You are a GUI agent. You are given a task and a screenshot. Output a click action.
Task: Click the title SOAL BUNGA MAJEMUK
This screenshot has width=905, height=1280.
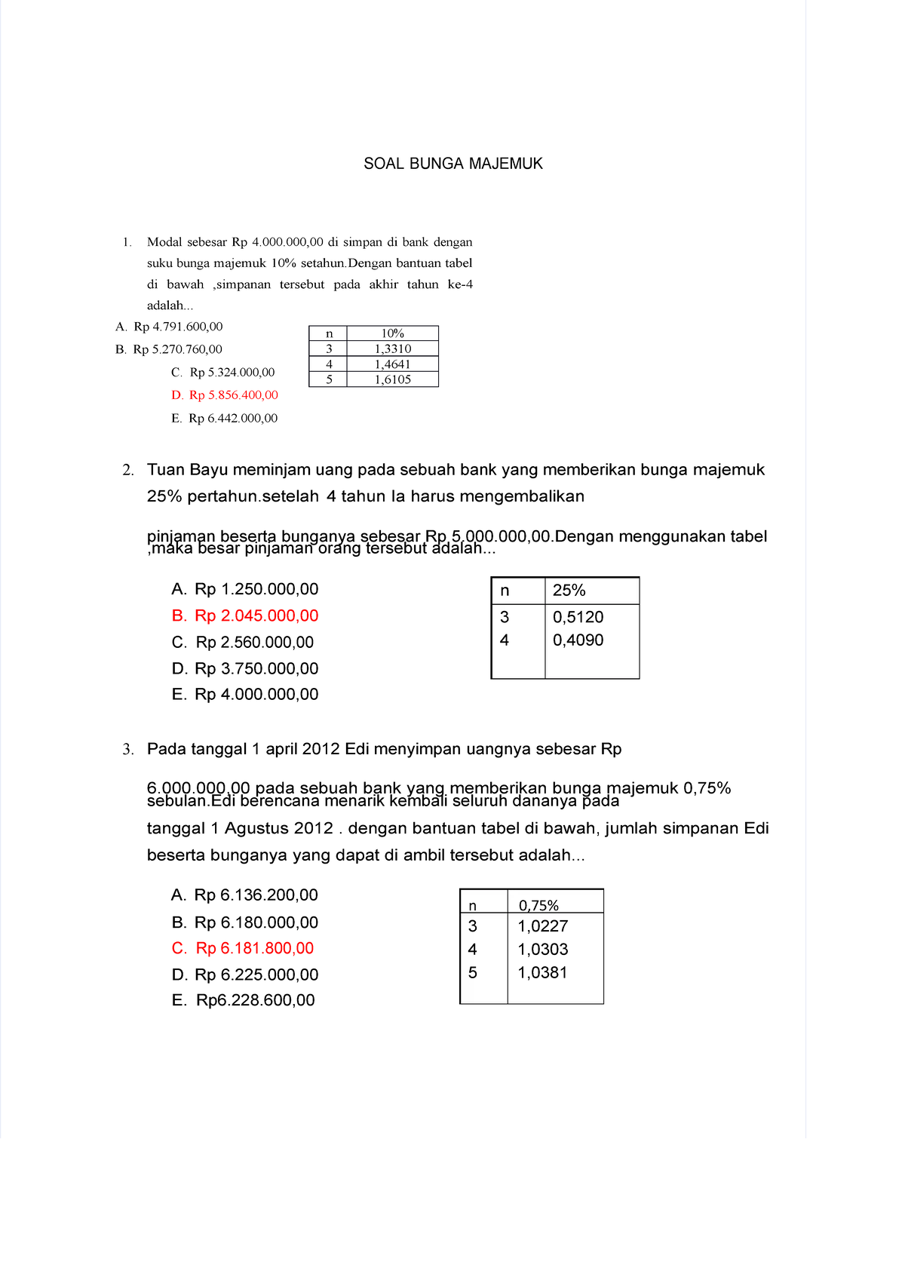pyautogui.click(x=452, y=164)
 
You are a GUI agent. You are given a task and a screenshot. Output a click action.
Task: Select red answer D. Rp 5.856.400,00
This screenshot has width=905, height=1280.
pyautogui.click(x=225, y=395)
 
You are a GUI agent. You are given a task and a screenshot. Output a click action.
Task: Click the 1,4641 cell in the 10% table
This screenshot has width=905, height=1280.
pyautogui.click(x=392, y=364)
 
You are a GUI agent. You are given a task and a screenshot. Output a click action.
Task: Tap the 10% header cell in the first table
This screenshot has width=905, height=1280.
pyautogui.click(x=392, y=333)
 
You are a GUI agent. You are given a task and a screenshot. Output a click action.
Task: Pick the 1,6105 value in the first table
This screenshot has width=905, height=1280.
pyautogui.click(x=392, y=379)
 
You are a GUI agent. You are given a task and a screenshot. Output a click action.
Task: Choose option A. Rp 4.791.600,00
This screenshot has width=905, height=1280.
pyautogui.click(x=169, y=327)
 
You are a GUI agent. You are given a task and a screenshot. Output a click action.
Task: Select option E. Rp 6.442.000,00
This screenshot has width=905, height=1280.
pyautogui.click(x=225, y=419)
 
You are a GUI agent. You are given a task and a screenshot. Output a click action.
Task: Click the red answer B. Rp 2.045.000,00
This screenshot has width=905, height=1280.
pyautogui.click(x=245, y=615)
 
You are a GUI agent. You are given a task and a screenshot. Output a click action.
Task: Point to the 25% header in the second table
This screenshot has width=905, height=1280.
pyautogui.click(x=569, y=591)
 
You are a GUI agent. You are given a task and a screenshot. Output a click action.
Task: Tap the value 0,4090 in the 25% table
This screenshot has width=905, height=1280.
pyautogui.click(x=578, y=640)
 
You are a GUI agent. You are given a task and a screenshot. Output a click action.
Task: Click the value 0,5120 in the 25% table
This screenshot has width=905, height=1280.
pyautogui.click(x=578, y=617)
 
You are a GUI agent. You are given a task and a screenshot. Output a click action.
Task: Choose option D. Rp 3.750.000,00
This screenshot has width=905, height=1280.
pyautogui.click(x=245, y=668)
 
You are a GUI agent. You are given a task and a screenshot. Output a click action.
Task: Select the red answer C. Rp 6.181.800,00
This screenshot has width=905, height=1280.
pyautogui.click(x=243, y=948)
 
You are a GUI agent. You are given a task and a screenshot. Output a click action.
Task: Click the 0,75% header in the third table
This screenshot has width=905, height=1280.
pyautogui.click(x=538, y=905)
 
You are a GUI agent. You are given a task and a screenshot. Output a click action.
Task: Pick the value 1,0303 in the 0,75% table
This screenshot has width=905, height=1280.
pyautogui.click(x=542, y=950)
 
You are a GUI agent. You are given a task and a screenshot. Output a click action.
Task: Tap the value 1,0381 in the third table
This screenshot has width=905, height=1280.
pyautogui.click(x=542, y=973)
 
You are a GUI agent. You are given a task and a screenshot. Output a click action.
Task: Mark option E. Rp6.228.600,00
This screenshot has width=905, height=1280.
pyautogui.click(x=243, y=1000)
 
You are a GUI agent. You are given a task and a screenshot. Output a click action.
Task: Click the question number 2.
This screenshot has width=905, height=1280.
pyautogui.click(x=127, y=470)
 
